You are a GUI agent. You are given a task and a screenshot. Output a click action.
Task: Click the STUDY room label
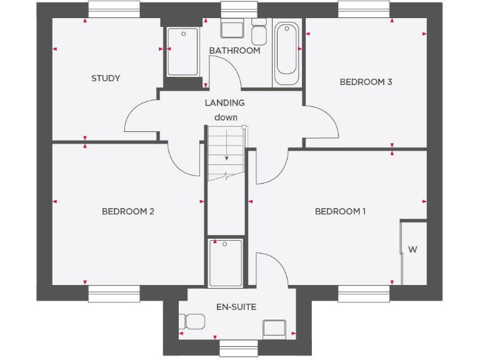coord(106,78)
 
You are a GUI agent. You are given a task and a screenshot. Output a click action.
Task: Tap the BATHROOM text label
coord(234,51)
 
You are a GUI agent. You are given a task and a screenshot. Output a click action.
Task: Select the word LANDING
coord(224,102)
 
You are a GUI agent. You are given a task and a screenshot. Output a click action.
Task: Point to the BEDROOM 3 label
coord(366,82)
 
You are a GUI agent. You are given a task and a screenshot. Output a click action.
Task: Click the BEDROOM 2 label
coord(127,211)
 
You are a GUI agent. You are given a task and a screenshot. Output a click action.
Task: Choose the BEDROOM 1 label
coord(340,211)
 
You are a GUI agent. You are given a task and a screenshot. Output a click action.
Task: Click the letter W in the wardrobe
coord(412,249)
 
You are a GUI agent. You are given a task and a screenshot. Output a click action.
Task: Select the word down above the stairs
coord(226,117)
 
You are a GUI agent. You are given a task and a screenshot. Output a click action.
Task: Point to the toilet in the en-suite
coord(191,322)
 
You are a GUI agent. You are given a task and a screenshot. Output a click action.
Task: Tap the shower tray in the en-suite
coord(226,262)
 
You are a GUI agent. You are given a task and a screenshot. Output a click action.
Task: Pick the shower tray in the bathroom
coord(183,52)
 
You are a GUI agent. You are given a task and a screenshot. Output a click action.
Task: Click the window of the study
coord(114,9)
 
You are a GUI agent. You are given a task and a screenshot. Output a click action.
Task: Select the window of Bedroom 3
coord(364,9)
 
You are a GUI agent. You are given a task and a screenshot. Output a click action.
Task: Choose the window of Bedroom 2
coord(114,294)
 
